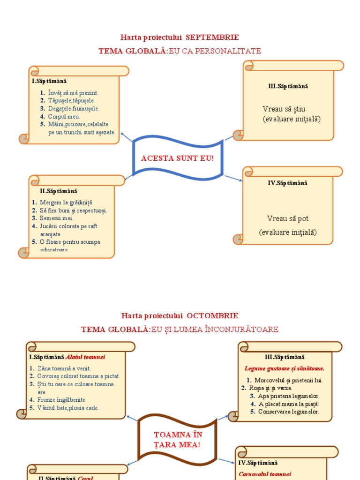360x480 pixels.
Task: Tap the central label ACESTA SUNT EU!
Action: pyautogui.click(x=177, y=158)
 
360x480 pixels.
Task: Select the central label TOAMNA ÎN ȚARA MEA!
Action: pyautogui.click(x=177, y=440)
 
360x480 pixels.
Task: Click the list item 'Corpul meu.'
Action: pyautogui.click(x=64, y=116)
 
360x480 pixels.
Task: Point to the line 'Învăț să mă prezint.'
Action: pyautogui.click(x=73, y=93)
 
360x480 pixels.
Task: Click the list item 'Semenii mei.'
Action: pyautogui.click(x=56, y=218)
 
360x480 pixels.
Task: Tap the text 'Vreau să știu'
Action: pyautogui.click(x=284, y=109)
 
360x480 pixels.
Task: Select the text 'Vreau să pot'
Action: pyautogui.click(x=288, y=218)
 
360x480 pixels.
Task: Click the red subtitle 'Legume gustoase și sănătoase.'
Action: pyautogui.click(x=285, y=368)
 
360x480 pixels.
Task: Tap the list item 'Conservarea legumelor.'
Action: pyautogui.click(x=288, y=412)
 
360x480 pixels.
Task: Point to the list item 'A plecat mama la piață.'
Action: pyautogui.click(x=288, y=404)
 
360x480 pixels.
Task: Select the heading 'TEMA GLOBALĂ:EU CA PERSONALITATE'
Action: pyautogui.click(x=180, y=51)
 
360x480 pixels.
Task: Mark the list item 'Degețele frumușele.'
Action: pyautogui.click(x=74, y=108)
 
